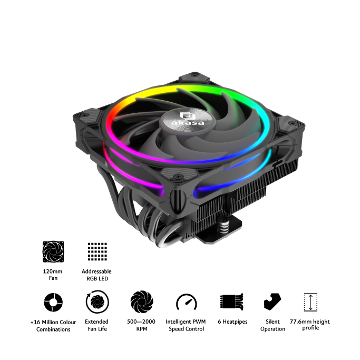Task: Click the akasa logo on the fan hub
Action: (187, 119)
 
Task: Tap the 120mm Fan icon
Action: (53, 251)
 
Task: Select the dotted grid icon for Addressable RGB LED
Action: (98, 251)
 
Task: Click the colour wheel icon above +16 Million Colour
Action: (53, 302)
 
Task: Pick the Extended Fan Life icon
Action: (98, 301)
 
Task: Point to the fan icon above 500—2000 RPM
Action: (142, 301)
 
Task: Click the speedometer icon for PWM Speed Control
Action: (187, 302)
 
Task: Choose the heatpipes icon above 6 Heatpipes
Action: (232, 301)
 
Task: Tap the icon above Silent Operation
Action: (273, 301)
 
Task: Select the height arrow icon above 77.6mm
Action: (310, 302)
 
